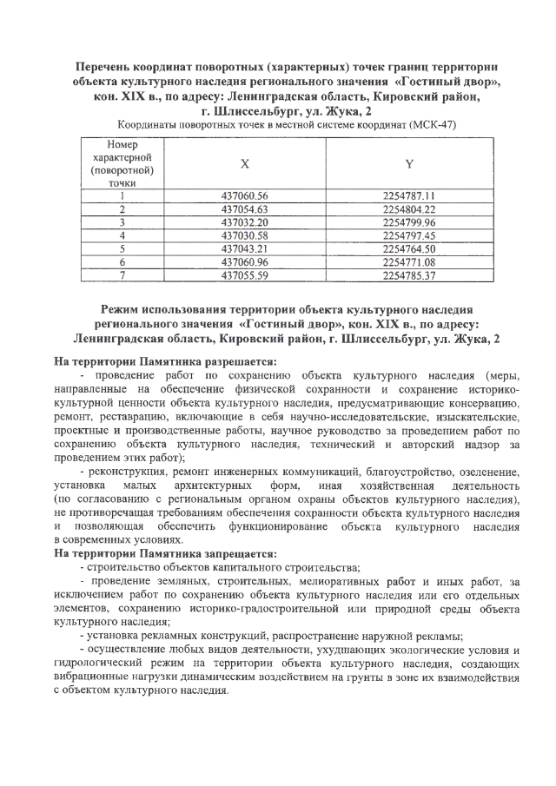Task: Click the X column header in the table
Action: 244,163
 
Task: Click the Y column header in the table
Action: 408,163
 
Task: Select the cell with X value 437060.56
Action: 245,195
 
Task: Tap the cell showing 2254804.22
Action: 408,208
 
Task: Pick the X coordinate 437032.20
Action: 245,221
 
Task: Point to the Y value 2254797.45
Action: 408,234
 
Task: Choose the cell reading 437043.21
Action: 245,248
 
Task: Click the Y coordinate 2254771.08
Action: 408,261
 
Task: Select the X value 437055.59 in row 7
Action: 245,274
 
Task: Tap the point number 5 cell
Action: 122,248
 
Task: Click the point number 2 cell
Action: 122,208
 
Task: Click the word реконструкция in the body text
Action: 129,471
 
